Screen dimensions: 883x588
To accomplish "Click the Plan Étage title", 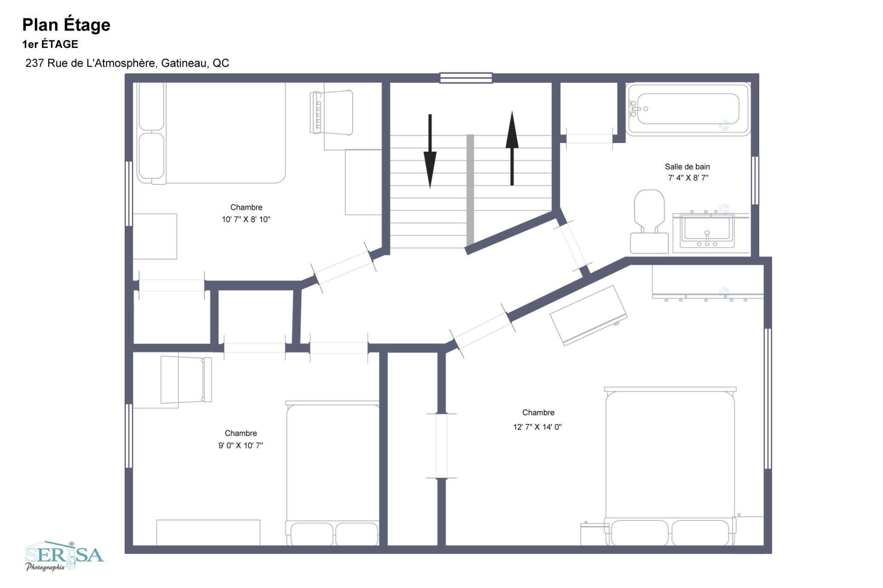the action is click(66, 25).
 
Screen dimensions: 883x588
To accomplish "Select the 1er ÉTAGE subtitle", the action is click(50, 45).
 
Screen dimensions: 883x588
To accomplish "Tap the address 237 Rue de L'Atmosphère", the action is click(91, 63).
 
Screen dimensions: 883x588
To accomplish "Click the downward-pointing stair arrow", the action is click(430, 151).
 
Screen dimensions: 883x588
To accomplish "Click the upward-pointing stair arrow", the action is click(512, 148).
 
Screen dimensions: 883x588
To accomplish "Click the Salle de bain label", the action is click(688, 167).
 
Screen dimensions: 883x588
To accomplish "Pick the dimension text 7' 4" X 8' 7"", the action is click(688, 178).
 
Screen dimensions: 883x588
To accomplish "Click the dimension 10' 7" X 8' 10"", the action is click(246, 220).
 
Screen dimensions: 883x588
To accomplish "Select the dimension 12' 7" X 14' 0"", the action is click(538, 427).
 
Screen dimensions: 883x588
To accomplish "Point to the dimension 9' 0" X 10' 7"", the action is click(241, 445).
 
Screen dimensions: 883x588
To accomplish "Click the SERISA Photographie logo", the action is click(64, 556).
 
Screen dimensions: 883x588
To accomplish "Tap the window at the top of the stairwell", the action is click(466, 78).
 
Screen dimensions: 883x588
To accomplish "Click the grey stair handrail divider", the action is click(470, 190).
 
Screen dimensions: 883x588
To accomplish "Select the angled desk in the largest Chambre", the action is click(589, 315).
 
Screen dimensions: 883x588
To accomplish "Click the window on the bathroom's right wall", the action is click(755, 180).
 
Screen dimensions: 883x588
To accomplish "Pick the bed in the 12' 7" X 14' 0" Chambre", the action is click(670, 466).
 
